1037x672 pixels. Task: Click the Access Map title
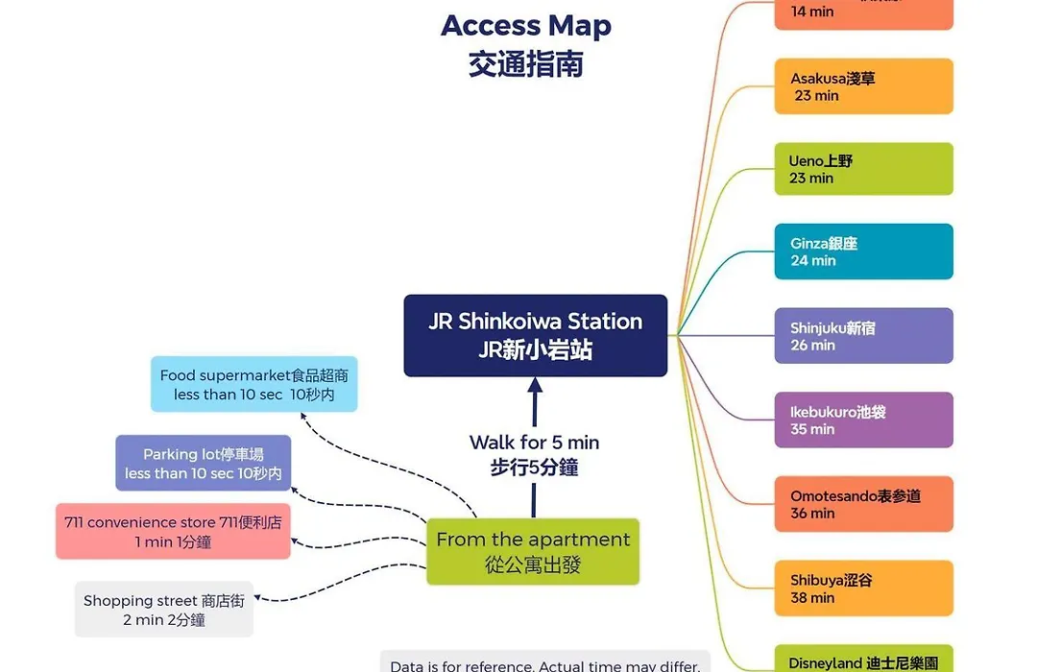[525, 26]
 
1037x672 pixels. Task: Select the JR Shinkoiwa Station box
[535, 335]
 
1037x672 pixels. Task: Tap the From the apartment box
[533, 552]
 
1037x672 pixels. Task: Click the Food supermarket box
[253, 385]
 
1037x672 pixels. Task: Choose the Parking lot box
[203, 464]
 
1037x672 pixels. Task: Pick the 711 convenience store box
[173, 532]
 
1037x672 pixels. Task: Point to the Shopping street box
[164, 610]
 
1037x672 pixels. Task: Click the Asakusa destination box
[863, 86]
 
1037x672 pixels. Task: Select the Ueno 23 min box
[863, 170]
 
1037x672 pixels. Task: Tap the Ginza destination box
[863, 252]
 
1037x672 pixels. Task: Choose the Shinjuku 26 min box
[863, 336]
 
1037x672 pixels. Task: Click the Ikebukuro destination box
[863, 420]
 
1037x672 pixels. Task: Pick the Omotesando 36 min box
[863, 504]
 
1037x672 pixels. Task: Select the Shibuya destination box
[863, 588]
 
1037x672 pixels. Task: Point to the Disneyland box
[863, 660]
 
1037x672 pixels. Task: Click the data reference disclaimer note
[544, 664]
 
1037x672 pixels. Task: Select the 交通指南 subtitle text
[525, 64]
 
